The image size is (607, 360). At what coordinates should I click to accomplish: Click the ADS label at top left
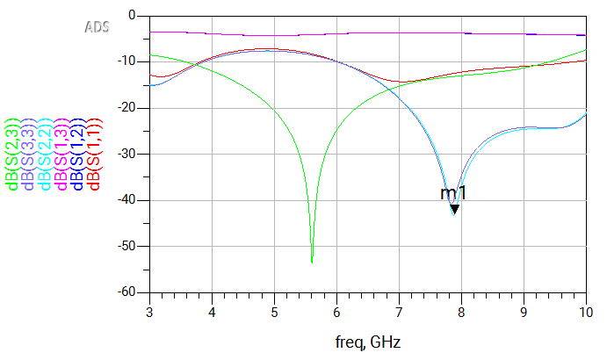97,27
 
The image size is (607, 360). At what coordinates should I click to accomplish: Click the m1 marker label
452,194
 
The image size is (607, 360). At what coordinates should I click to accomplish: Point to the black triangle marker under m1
454,208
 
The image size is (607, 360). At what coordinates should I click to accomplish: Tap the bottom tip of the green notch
312,262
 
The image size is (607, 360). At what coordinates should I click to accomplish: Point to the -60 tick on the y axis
127,292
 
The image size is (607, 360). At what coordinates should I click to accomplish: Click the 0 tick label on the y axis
132,16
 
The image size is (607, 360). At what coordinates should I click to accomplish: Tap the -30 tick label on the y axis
127,154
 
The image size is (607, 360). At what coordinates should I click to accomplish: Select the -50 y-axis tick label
127,246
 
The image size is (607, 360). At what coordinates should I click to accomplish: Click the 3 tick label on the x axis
149,311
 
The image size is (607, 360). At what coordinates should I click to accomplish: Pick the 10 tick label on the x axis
586,311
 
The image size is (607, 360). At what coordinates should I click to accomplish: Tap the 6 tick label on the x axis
336,311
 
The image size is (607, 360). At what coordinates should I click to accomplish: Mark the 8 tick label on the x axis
461,311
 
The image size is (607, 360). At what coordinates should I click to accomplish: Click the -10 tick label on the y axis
127,61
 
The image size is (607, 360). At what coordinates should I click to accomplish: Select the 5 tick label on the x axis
274,311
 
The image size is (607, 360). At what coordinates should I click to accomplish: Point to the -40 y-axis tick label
127,200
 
